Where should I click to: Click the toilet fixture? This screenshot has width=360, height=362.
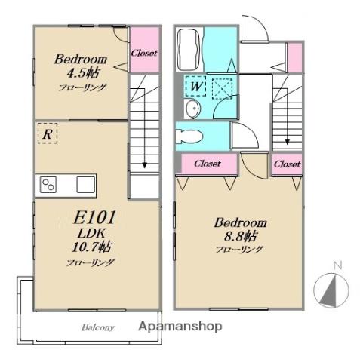click(189, 137)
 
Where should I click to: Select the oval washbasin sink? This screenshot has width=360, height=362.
click(192, 109)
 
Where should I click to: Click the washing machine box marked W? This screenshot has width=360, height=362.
click(195, 86)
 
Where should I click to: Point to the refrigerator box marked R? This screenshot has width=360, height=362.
click(48, 133)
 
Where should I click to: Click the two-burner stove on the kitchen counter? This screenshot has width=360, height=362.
click(48, 185)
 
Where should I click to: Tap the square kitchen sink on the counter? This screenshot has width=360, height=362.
click(86, 185)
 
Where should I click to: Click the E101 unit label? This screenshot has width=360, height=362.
click(94, 218)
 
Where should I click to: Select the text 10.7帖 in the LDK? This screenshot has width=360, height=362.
click(91, 247)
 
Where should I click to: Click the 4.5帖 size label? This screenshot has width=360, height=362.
click(83, 72)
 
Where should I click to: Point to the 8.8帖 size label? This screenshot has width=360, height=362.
click(241, 236)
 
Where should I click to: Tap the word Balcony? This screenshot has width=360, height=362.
click(98, 327)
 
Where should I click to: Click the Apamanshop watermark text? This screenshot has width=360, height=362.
click(180, 327)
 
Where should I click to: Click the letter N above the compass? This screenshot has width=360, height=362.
click(337, 265)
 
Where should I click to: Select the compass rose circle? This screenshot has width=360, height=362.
click(331, 290)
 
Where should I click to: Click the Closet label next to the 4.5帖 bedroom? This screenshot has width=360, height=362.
click(144, 53)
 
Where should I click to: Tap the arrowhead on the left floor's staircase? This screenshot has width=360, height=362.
click(144, 165)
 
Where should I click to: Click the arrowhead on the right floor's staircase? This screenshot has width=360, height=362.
click(287, 142)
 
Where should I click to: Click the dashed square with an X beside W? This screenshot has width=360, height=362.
click(222, 89)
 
